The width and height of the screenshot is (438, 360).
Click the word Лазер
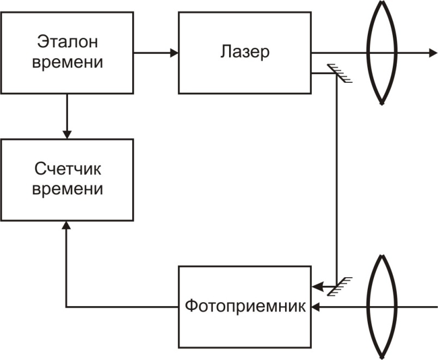pyautogui.click(x=245, y=52)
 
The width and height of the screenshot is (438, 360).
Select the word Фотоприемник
pyautogui.click(x=245, y=305)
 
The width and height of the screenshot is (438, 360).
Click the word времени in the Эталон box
pyautogui.click(x=67, y=62)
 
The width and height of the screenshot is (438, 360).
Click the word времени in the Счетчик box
pyautogui.click(x=67, y=189)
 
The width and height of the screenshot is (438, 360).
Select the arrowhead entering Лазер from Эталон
pyautogui.click(x=174, y=53)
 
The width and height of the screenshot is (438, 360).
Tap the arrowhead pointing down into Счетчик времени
pyautogui.click(x=67, y=133)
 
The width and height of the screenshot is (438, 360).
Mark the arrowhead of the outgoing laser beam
pyautogui.click(x=433, y=53)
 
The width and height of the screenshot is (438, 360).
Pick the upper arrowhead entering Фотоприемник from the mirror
pyautogui.click(x=317, y=286)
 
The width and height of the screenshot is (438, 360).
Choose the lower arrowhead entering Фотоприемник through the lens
pyautogui.click(x=317, y=307)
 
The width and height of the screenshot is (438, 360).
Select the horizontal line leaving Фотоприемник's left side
pyautogui.click(x=122, y=307)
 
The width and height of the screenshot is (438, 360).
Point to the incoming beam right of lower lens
pyautogui.click(x=416, y=307)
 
